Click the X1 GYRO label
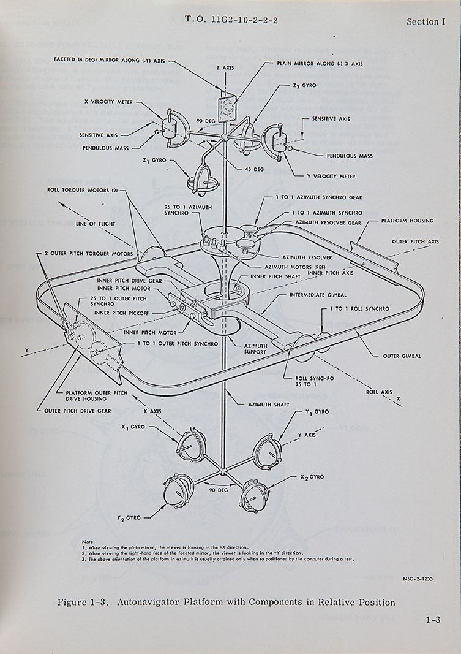pos(132,427)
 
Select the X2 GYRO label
pos(312,477)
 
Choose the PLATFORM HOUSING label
pos(407,221)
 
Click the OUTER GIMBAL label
pos(399,356)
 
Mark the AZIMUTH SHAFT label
pos(268,405)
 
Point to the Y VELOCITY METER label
pos(331,175)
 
